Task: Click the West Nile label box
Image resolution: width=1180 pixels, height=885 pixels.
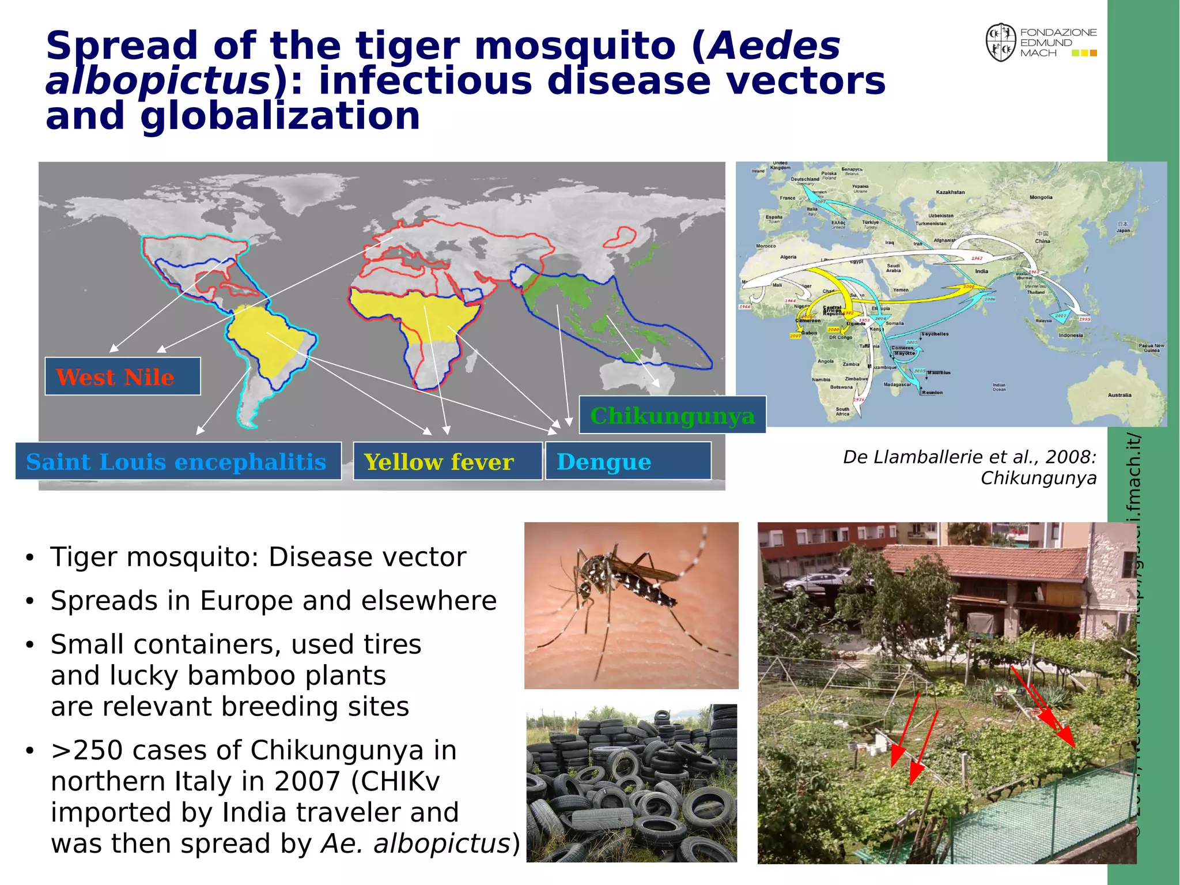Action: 122,376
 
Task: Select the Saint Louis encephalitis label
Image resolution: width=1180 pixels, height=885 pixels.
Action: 177,461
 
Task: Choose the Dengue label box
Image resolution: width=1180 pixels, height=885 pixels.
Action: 627,461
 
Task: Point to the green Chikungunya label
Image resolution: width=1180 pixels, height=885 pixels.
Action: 672,415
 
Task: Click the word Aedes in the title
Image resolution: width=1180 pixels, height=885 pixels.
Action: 774,46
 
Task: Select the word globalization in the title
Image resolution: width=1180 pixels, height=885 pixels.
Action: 280,116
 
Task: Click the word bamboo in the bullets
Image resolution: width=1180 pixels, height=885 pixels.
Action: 241,675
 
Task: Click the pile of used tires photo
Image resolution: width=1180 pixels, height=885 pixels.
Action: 631,783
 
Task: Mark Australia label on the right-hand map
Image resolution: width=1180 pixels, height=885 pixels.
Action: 1119,396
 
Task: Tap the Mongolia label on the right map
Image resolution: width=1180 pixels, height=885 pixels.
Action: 1041,198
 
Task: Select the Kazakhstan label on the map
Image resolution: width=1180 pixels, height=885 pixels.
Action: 950,193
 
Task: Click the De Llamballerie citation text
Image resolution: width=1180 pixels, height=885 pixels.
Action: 969,467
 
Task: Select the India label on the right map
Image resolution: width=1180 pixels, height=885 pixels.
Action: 981,271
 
